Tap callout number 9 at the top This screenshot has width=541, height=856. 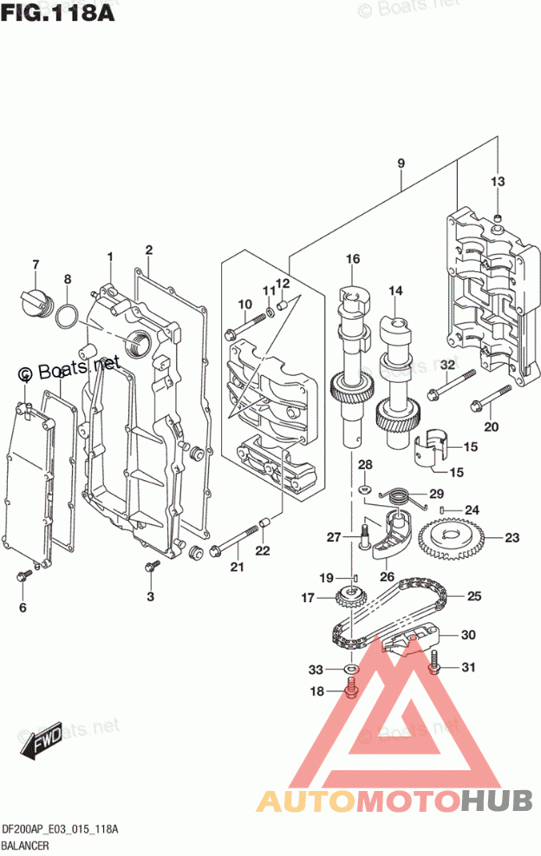(401, 163)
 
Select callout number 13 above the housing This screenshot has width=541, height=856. (497, 182)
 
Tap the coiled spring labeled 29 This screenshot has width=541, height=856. (394, 496)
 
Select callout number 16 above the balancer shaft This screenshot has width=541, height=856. (352, 259)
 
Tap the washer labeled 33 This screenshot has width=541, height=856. (350, 669)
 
